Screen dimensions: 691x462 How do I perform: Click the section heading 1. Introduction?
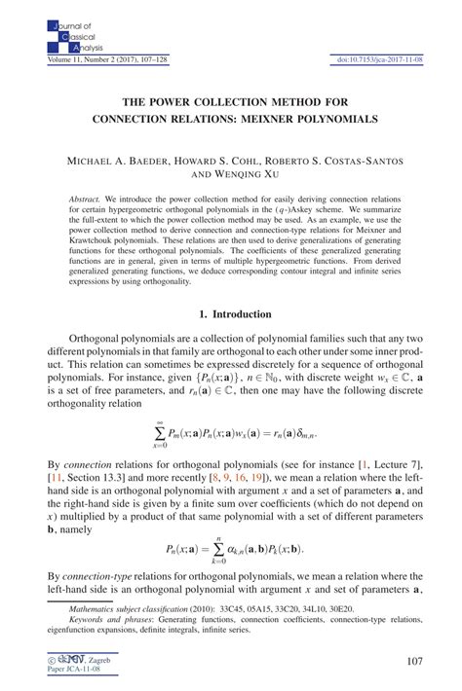[x=231, y=314]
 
